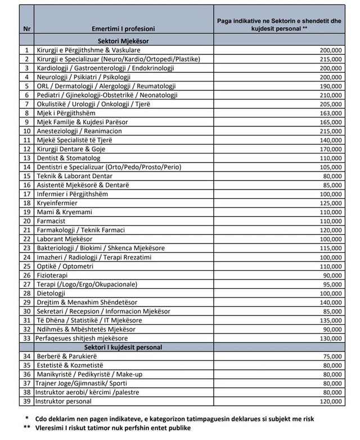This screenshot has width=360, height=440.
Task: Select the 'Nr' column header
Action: (26, 28)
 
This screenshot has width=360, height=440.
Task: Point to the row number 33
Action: (26, 338)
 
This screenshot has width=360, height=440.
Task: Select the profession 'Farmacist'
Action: (52, 221)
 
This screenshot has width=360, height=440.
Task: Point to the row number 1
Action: (26, 50)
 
